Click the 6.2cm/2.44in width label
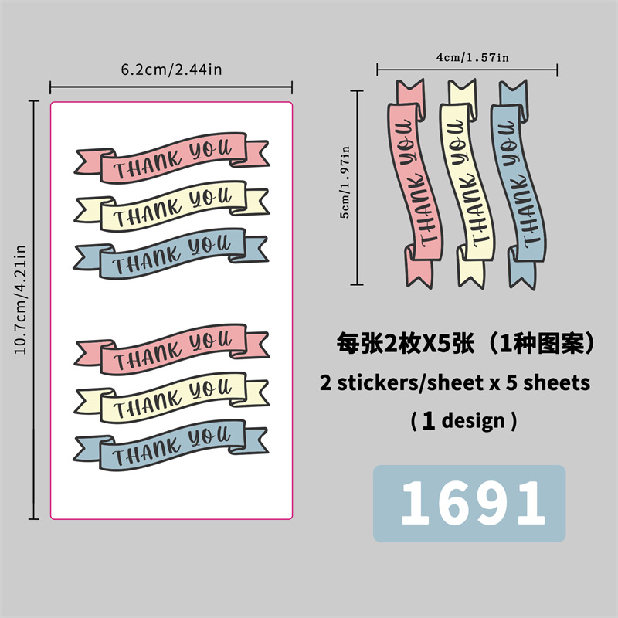tap(171, 70)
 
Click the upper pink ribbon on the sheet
tap(171, 157)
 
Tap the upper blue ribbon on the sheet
tap(171, 251)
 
